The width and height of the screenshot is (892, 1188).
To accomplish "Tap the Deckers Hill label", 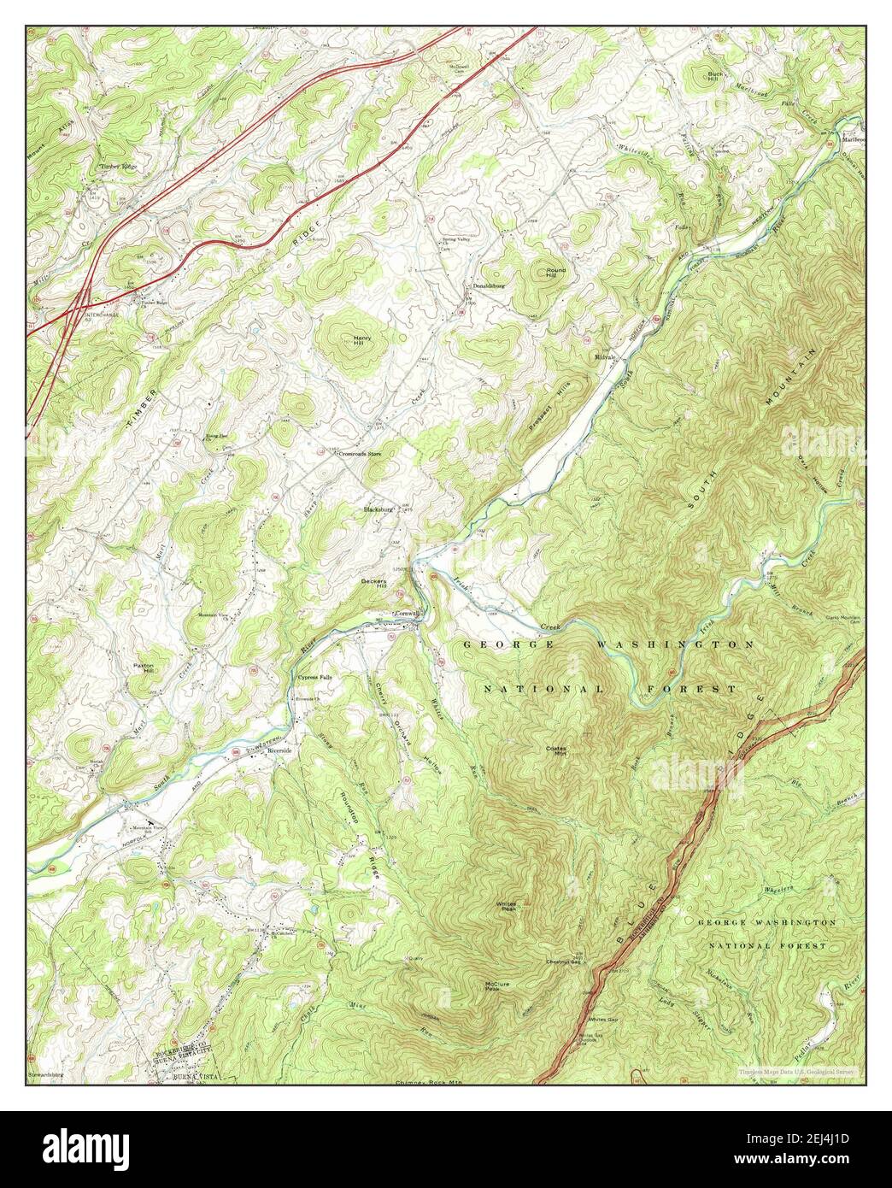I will click(x=373, y=584).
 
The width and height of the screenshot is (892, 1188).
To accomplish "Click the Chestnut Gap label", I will click(x=564, y=962).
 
